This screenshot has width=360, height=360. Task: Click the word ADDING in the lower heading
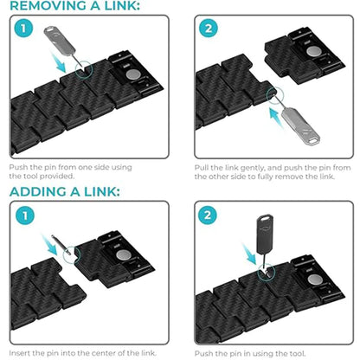(x=37, y=190)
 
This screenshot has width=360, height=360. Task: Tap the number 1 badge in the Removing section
(x=26, y=31)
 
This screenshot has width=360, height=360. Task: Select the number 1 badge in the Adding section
(x=26, y=215)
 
